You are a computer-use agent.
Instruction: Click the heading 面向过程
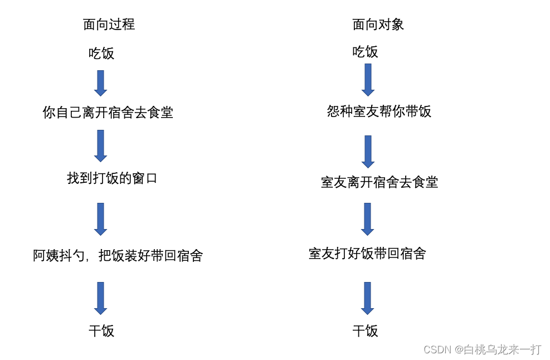point(109,25)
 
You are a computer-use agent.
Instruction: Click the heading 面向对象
point(378,25)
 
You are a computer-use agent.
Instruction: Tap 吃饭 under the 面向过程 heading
point(101,53)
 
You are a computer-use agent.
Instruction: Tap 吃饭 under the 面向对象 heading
point(365,52)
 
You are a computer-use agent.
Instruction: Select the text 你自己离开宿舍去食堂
point(108,113)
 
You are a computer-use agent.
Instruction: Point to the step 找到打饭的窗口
point(112,178)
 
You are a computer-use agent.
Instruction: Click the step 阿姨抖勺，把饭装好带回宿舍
point(118,256)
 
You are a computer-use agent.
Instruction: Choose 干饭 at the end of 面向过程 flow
point(101,331)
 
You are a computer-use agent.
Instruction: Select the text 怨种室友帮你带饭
point(379,111)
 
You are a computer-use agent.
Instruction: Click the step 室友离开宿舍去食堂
point(379,182)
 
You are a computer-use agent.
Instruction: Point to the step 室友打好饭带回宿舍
point(367,254)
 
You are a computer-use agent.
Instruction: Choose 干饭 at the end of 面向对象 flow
point(365,331)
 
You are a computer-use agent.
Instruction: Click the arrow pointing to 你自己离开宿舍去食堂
point(100,83)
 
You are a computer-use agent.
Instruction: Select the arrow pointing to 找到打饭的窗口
point(100,145)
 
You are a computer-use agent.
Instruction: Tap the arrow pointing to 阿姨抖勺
point(100,218)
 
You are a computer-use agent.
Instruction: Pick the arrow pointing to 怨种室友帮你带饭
point(368,80)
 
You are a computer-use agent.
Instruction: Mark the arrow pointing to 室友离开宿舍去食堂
point(368,151)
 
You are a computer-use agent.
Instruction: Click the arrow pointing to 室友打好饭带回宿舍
point(367,218)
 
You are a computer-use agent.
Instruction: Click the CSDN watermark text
point(482,349)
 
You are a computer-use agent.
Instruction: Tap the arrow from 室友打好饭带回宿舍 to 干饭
point(367,298)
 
